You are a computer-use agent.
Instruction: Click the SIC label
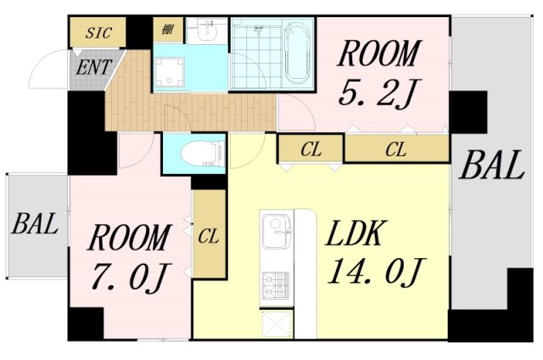click(x=98, y=33)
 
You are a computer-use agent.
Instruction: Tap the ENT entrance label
click(x=93, y=67)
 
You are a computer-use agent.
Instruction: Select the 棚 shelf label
click(x=168, y=30)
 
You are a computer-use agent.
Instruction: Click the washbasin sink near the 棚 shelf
click(x=207, y=31)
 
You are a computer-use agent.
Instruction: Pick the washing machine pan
click(x=170, y=71)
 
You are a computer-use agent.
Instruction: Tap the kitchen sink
click(x=277, y=231)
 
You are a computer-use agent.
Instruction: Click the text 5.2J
click(x=377, y=93)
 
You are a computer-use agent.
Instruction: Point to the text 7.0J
click(x=131, y=276)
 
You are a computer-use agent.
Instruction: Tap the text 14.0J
click(x=376, y=272)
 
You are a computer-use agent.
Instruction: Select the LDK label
click(x=355, y=233)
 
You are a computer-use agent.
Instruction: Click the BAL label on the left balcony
click(x=35, y=224)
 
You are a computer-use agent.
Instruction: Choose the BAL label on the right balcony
click(x=491, y=166)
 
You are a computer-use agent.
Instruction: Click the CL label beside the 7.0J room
click(x=209, y=236)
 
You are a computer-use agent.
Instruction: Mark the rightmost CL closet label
click(x=396, y=149)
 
